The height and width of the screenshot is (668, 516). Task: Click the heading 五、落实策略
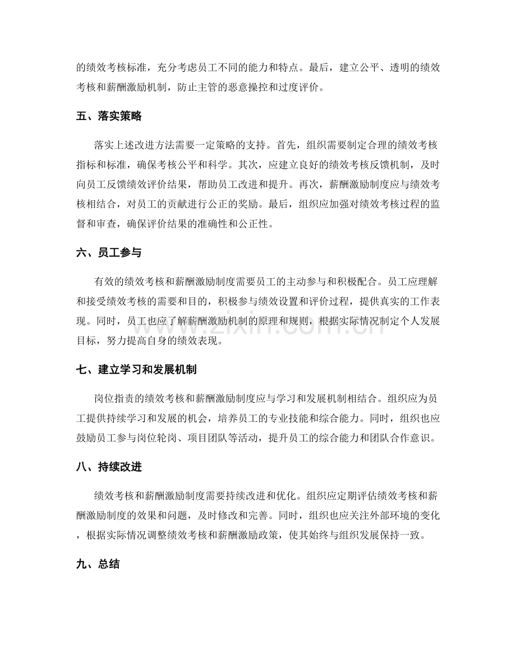[x=108, y=117]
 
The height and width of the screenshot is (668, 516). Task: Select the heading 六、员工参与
[x=108, y=253]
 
